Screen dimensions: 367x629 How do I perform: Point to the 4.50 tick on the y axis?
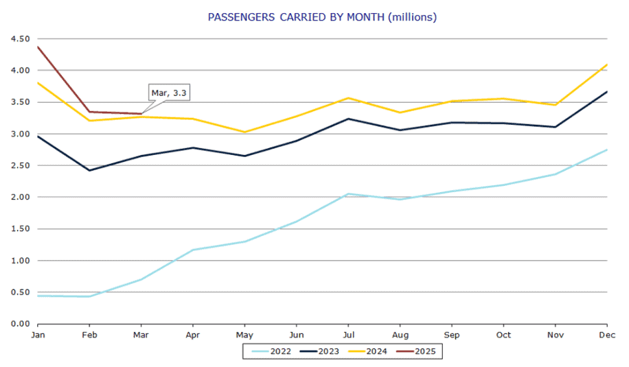(20, 39)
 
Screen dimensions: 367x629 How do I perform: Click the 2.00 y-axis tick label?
(20, 198)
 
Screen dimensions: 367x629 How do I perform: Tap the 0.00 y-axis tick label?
(20, 324)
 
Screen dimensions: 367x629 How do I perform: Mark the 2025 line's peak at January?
(37, 47)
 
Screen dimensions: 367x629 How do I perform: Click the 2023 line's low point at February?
(89, 171)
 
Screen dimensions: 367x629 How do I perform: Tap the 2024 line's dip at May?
(244, 132)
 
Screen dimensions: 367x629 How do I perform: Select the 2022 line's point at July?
(348, 193)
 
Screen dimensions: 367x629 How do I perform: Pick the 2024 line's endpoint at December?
(607, 64)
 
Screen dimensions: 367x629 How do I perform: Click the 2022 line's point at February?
(89, 296)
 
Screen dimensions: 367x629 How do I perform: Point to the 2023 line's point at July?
(348, 119)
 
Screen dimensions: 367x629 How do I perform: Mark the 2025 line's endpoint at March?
(141, 114)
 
